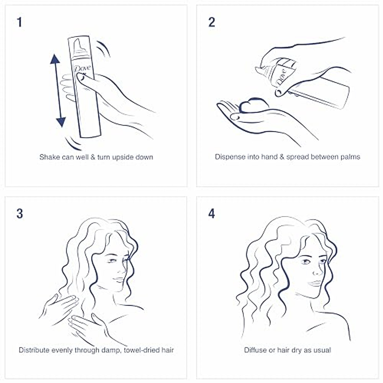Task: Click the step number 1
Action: pyautogui.click(x=20, y=23)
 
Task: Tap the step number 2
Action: pyautogui.click(x=212, y=23)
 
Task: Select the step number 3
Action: pyautogui.click(x=20, y=214)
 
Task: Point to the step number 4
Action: pyautogui.click(x=212, y=214)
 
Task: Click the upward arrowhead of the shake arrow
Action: pyautogui.click(x=55, y=59)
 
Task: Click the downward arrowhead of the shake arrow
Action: pyautogui.click(x=61, y=122)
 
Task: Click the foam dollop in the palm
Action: pyautogui.click(x=251, y=107)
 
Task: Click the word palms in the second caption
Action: pyautogui.click(x=350, y=157)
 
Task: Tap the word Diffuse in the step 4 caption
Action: pyautogui.click(x=255, y=350)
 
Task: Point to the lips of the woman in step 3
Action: pyautogui.click(x=118, y=279)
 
